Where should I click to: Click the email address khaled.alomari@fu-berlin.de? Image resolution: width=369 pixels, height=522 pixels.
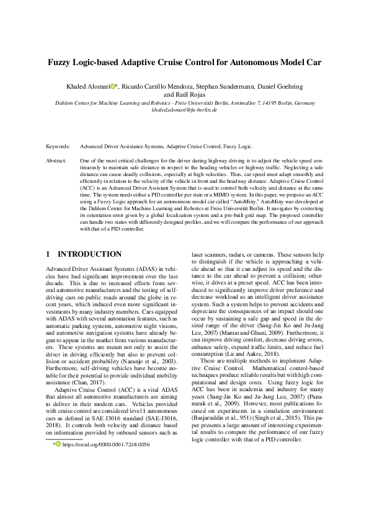[184, 110]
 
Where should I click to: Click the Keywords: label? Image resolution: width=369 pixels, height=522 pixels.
[58, 147]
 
